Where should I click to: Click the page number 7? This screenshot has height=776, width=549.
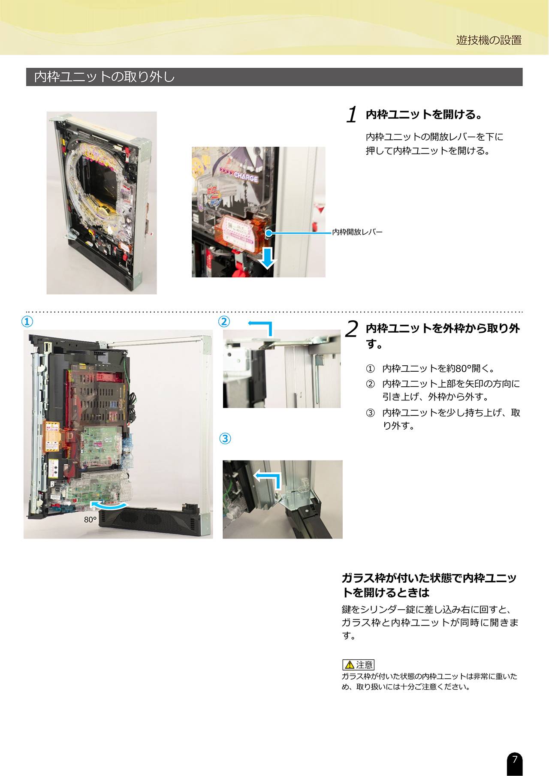pos(515,759)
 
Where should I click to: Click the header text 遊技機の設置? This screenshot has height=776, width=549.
pos(489,40)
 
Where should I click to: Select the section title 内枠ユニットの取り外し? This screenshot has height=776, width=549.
pos(104,77)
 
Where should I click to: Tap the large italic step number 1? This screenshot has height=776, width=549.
pos(352,115)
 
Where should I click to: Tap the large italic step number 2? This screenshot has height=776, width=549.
pos(352,329)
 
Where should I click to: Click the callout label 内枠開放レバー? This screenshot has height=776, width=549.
pos(357,232)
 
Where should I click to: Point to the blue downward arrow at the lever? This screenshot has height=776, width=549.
pos(267,257)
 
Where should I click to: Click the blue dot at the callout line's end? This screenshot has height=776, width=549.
pos(269,233)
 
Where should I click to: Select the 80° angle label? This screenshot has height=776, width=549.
pos(90,520)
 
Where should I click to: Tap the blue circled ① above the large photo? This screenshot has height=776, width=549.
pos(27,322)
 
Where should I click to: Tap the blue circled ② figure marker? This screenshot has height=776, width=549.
pos(224,322)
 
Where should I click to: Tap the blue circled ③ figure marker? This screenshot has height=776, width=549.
pos(225,439)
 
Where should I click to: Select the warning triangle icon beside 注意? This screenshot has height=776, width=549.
pos(350,665)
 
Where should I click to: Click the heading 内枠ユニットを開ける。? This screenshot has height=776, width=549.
pos(425,114)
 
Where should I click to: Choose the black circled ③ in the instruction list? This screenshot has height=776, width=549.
pos(370,413)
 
